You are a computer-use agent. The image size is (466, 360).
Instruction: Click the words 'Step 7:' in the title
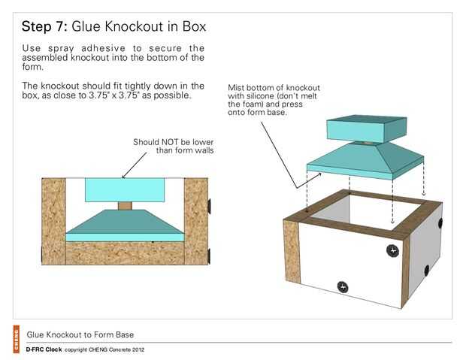pos(45,27)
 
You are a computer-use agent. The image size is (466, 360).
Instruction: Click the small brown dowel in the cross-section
pos(125,206)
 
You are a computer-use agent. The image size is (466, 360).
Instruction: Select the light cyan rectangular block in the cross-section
pos(125,189)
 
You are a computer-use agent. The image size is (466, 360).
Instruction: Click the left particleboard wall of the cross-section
pos(53,221)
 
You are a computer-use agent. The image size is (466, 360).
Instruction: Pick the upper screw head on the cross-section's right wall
pos(211,204)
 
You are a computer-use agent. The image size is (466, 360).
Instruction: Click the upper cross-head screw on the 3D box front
pos(391,250)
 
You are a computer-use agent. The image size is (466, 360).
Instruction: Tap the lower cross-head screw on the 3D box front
pos(343,286)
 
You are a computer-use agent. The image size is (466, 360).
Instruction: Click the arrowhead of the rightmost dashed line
pos(424,181)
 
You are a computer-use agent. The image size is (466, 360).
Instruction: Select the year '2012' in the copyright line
pos(136,350)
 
